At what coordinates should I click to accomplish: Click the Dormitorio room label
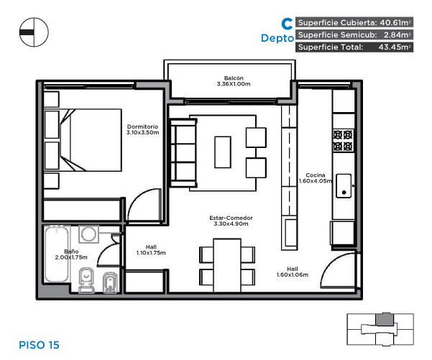tap(142, 126)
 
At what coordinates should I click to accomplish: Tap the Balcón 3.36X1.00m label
tap(234, 81)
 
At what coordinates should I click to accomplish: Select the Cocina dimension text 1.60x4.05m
tap(316, 181)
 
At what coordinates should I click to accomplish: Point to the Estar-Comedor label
tap(231, 218)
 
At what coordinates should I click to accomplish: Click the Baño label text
tap(71, 251)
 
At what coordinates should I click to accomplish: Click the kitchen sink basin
tap(344, 185)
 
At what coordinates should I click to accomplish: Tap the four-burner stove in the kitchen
tap(343, 140)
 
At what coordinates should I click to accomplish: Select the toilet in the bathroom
tap(86, 280)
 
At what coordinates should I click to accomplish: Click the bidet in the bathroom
tap(110, 283)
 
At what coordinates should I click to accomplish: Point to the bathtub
tap(57, 254)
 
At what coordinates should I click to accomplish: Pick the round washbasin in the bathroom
tap(88, 234)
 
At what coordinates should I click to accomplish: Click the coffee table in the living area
tap(223, 152)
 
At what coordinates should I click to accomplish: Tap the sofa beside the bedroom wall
tap(183, 153)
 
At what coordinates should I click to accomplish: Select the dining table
tap(227, 265)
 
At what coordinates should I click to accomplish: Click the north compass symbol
tap(34, 32)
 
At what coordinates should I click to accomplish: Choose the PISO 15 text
tap(39, 345)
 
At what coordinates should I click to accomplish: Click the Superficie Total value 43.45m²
tap(394, 47)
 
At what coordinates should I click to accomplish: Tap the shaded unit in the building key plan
tap(385, 320)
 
